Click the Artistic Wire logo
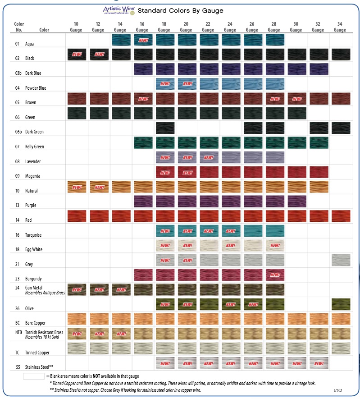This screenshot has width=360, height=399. point(118,10)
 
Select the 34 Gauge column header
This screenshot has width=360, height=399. point(340,27)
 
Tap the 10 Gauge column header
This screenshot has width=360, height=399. point(76,27)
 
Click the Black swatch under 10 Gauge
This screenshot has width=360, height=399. point(76,55)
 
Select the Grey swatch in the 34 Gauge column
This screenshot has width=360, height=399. point(340,260)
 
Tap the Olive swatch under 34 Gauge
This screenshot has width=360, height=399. point(340,304)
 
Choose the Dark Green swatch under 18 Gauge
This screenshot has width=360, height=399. point(164,128)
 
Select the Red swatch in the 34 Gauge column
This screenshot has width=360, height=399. point(340,216)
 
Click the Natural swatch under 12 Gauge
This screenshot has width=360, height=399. point(98,187)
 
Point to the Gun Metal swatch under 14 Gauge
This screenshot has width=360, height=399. point(120,289)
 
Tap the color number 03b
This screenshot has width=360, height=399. point(18,73)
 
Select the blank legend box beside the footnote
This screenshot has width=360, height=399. point(33,376)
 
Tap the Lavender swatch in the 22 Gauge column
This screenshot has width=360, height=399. point(208,157)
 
